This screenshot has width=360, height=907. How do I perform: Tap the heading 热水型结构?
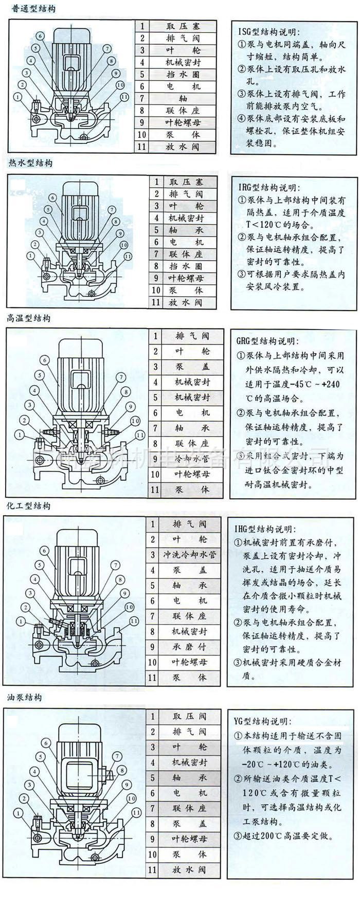coord(30,163)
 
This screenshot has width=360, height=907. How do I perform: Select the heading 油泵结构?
coord(25,698)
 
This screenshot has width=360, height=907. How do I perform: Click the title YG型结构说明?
coord(262,721)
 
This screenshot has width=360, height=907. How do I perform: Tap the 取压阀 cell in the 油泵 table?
coord(190,716)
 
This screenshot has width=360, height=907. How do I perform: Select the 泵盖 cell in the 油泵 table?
coord(190,824)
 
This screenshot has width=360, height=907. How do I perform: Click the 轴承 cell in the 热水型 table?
coord(185,230)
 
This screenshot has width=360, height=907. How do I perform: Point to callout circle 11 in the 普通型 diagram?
coord(124,97)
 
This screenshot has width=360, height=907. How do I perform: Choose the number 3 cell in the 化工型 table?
coord(153,555)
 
